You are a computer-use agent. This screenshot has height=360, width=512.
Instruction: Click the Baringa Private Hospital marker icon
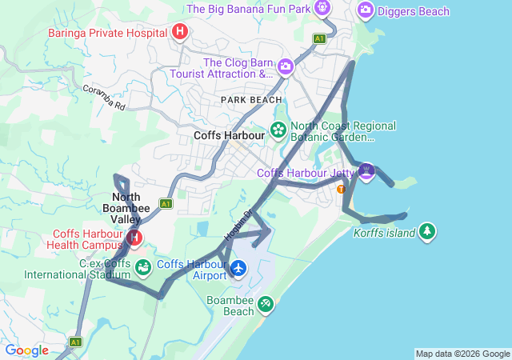click(x=180, y=32)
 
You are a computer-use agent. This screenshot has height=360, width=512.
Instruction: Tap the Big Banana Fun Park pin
click(x=322, y=9)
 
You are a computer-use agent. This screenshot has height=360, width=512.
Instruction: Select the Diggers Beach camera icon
click(x=366, y=10)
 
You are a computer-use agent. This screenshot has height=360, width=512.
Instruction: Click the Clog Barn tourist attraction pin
click(x=286, y=66)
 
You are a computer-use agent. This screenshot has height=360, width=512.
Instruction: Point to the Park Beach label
click(x=252, y=99)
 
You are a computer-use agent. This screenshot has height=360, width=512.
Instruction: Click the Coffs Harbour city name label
click(x=229, y=136)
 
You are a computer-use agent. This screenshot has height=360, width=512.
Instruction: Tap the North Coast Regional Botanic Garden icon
click(x=278, y=130)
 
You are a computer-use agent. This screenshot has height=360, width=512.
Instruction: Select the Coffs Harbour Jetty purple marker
click(x=366, y=170)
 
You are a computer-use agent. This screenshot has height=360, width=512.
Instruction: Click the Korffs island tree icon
click(x=428, y=231)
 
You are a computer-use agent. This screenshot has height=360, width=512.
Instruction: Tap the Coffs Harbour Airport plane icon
click(x=238, y=269)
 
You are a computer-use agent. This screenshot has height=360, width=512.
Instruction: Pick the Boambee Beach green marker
click(x=266, y=304)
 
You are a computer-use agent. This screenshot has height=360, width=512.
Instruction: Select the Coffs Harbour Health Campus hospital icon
click(x=134, y=238)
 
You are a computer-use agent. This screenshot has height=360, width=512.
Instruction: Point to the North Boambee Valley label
click(x=126, y=208)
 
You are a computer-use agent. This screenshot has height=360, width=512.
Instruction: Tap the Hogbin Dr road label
click(x=238, y=225)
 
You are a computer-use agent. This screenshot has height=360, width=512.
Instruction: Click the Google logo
click(x=26, y=350)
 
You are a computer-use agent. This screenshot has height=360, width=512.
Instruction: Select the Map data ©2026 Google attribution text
click(x=462, y=354)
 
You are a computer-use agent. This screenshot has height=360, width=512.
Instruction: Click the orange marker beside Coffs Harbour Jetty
click(x=342, y=189)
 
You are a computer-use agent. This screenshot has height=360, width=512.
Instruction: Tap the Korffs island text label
click(x=385, y=234)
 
